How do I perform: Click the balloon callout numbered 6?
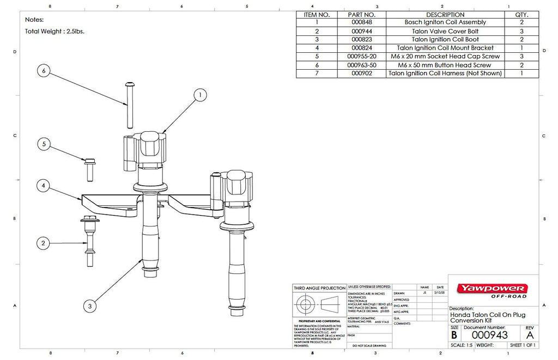coord(44,71)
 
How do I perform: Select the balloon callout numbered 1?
coord(201,95)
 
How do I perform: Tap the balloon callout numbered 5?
coord(44,144)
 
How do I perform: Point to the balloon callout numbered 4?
coord(44,186)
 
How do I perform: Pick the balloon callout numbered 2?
coord(44,242)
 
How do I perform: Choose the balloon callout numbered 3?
coord(90,306)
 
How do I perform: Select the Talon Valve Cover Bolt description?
coord(445,31)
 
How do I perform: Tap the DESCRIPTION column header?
coord(445,14)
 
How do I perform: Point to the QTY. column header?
coord(521,14)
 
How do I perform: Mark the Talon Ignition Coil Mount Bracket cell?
coord(445,48)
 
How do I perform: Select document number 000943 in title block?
coord(489,335)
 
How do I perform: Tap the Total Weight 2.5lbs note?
coord(54,32)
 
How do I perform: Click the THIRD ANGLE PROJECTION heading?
coord(319,288)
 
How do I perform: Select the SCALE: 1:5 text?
coord(461,345)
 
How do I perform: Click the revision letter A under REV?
coord(528,335)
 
